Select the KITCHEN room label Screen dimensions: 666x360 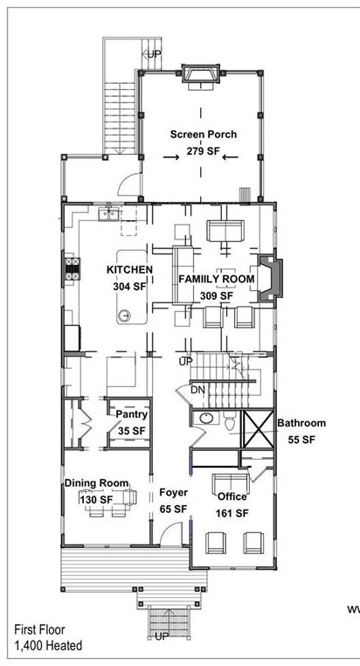(x=130, y=270)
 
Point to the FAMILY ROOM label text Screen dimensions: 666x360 (x=216, y=280)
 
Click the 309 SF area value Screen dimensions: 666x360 (x=216, y=295)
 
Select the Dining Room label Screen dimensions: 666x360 (x=96, y=483)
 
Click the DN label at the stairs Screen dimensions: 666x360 (x=198, y=390)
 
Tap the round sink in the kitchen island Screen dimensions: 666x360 (x=125, y=314)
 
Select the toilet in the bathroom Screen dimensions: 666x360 (x=229, y=422)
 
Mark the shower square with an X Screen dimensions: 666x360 (x=258, y=430)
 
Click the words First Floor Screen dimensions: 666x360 (x=38, y=628)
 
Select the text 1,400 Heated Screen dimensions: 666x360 (x=48, y=646)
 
